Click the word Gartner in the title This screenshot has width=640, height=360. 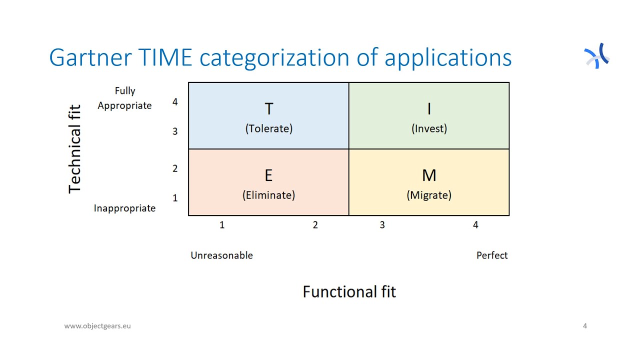pyautogui.click(x=82, y=58)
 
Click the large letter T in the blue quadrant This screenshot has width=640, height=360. pyautogui.click(x=268, y=109)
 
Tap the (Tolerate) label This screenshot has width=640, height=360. pyautogui.click(x=268, y=128)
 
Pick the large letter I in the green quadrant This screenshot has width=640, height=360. pyautogui.click(x=429, y=109)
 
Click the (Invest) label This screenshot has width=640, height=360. pyautogui.click(x=429, y=128)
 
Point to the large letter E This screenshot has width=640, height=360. pyautogui.click(x=268, y=175)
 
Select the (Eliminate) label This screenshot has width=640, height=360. pyautogui.click(x=268, y=195)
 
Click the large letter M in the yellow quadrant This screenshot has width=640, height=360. pyautogui.click(x=429, y=175)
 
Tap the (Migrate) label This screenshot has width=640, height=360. pyautogui.click(x=429, y=195)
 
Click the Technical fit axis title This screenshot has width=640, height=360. pyautogui.click(x=74, y=148)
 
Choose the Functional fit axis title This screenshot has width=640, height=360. pyautogui.click(x=349, y=291)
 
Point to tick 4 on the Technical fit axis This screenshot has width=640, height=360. pyautogui.click(x=175, y=102)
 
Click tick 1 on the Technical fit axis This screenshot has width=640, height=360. pyautogui.click(x=175, y=198)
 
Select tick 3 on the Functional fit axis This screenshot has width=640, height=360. pyautogui.click(x=382, y=225)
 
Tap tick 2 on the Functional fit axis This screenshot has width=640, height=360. pyautogui.click(x=315, y=225)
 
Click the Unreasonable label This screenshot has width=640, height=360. pyautogui.click(x=221, y=255)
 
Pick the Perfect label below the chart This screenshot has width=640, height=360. pyautogui.click(x=491, y=255)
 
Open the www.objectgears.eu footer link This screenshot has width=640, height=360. pyautogui.click(x=97, y=326)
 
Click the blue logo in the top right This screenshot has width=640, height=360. pyautogui.click(x=597, y=55)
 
